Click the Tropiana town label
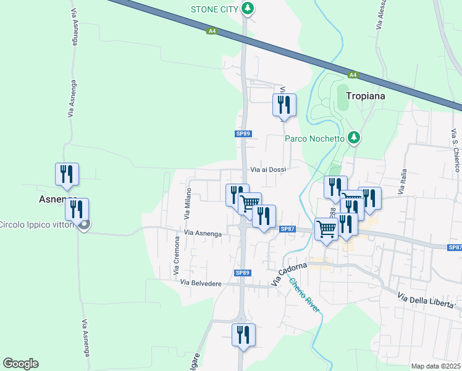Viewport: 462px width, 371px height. point(366,96)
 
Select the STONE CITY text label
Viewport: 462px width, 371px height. point(214,9)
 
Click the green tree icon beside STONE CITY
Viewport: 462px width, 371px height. point(248,9)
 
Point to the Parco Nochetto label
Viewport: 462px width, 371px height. point(314,139)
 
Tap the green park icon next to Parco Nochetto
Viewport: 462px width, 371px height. point(354,138)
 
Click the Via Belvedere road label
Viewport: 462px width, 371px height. point(201,283)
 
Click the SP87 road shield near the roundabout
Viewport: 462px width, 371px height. point(288,229)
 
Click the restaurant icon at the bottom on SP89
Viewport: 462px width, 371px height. point(243,334)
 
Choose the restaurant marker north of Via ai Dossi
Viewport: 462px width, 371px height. point(285,104)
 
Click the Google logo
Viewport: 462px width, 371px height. point(20,364)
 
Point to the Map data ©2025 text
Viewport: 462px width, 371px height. point(435,366)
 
